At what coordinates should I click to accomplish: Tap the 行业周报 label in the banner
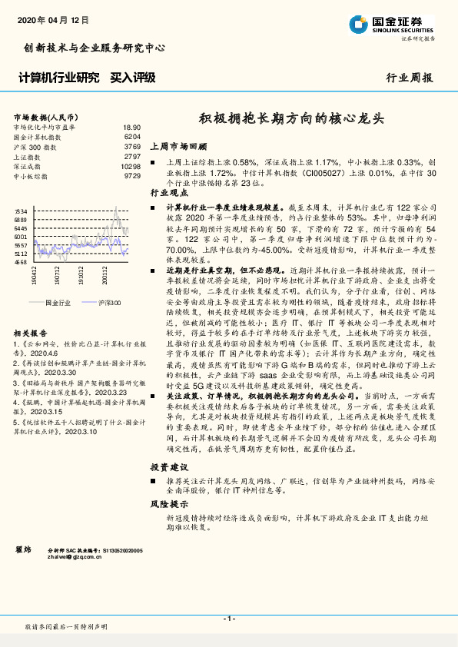(409, 78)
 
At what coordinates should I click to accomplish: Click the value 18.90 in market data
(131, 127)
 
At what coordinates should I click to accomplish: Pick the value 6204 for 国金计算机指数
(132, 136)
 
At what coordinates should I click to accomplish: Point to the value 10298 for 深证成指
(131, 166)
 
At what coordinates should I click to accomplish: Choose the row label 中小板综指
(30, 176)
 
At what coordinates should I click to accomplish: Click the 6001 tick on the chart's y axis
(21, 237)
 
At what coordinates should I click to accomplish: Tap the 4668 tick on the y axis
(21, 262)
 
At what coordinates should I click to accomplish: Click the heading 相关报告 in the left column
(29, 333)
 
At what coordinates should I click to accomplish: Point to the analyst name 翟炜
(24, 550)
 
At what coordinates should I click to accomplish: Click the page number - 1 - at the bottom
(228, 619)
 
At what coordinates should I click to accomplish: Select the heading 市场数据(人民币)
(43, 115)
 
